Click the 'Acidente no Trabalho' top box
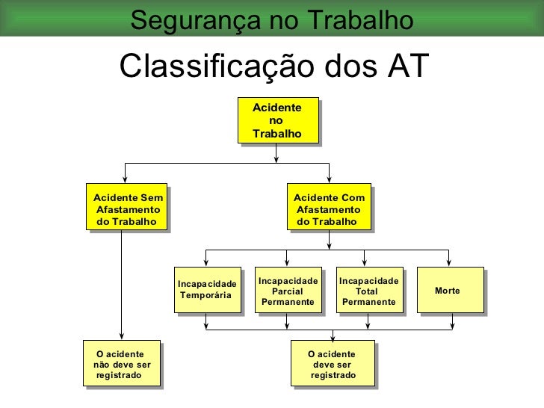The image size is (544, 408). click(277, 120)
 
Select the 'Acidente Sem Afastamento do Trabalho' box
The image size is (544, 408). click(126, 209)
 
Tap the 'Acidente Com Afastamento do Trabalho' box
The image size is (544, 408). click(329, 209)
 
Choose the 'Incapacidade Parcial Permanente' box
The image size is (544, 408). click(288, 290)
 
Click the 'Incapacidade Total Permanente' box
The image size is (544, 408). click(368, 290)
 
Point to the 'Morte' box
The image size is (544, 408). click(448, 290)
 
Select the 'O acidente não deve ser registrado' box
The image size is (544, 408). click(122, 364)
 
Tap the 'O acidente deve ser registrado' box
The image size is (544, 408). click(333, 364)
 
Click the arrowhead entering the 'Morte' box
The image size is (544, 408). click(448, 263)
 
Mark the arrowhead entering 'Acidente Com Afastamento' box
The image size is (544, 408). click(329, 180)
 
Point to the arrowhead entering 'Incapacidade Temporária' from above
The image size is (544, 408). click(207, 263)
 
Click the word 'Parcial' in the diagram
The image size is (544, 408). click(288, 291)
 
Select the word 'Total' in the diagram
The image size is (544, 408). click(367, 291)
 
